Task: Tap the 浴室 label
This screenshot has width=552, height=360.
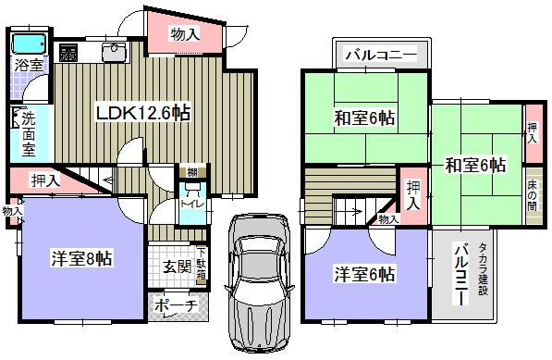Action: point(28,65)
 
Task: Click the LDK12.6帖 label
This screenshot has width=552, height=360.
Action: point(144,113)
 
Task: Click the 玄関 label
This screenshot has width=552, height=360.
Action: point(178,267)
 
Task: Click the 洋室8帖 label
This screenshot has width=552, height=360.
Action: point(81,258)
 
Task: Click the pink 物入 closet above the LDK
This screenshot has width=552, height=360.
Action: point(185,34)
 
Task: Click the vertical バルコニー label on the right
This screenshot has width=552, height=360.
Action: point(460,269)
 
